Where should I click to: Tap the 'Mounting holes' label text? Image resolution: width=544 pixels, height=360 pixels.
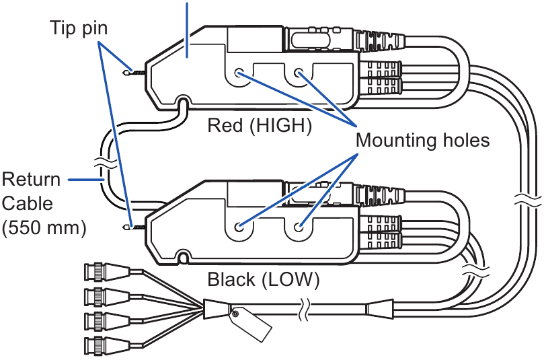click(422, 141)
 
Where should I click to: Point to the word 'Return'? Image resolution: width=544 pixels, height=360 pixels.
click(31, 180)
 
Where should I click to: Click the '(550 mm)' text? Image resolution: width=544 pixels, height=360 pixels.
click(44, 227)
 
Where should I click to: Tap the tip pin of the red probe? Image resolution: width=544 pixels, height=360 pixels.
click(130, 71)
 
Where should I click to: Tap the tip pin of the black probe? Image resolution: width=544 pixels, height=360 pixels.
click(130, 227)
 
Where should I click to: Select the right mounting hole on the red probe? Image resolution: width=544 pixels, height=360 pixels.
click(297, 74)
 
